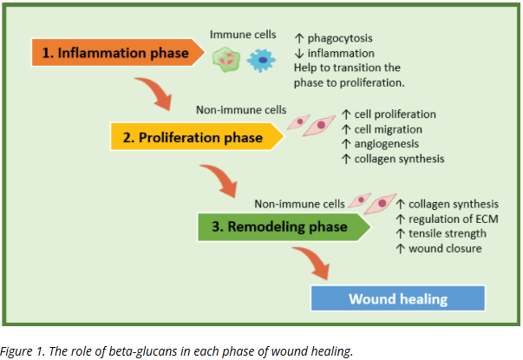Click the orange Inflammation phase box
click(117, 53)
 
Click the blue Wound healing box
click(398, 298)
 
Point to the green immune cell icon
click(226, 58)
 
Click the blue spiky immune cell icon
click(259, 59)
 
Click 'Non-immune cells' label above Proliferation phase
click(240, 109)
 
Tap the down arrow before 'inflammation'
click(299, 53)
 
